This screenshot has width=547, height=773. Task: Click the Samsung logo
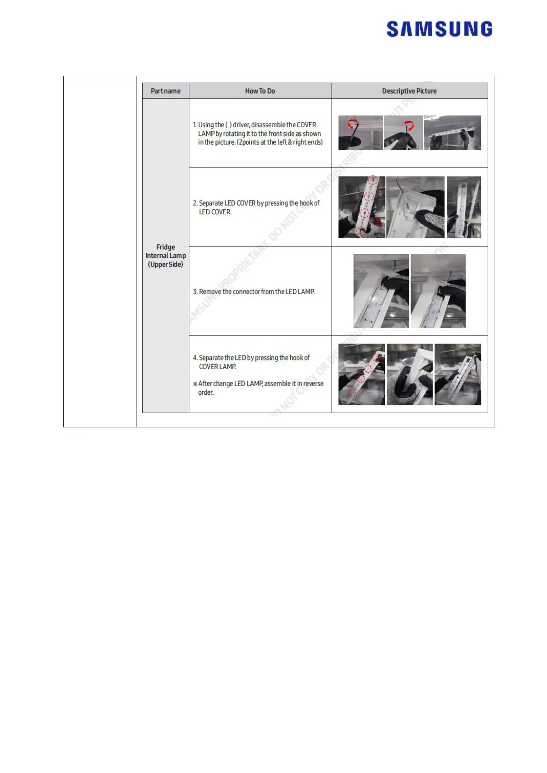[x=439, y=28]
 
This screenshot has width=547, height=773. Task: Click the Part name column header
[x=165, y=91]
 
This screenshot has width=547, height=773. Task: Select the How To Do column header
[x=260, y=91]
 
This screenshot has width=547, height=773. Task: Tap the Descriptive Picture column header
[x=409, y=91]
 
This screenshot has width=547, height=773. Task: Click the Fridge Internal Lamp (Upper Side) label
[x=165, y=256]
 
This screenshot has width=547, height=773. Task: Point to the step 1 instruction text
[x=258, y=134]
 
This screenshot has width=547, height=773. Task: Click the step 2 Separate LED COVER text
[x=256, y=207]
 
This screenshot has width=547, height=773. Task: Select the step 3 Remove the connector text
[x=254, y=291]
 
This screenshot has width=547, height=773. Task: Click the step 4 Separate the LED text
[x=251, y=362]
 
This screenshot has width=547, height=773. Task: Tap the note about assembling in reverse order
[x=258, y=388]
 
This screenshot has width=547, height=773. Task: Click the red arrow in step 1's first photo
[x=352, y=123]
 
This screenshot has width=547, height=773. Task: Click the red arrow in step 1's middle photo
[x=409, y=125]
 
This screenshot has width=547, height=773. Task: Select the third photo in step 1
[x=452, y=133]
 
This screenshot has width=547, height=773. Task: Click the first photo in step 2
[x=361, y=207]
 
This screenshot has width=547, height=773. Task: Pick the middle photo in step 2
[x=415, y=207]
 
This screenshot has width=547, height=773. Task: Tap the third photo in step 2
[x=464, y=207]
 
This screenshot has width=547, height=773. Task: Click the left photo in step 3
[x=381, y=291]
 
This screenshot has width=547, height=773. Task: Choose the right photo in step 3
[x=438, y=291]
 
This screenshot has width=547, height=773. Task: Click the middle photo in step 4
[x=410, y=374]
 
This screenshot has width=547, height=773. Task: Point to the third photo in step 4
[x=457, y=374]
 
